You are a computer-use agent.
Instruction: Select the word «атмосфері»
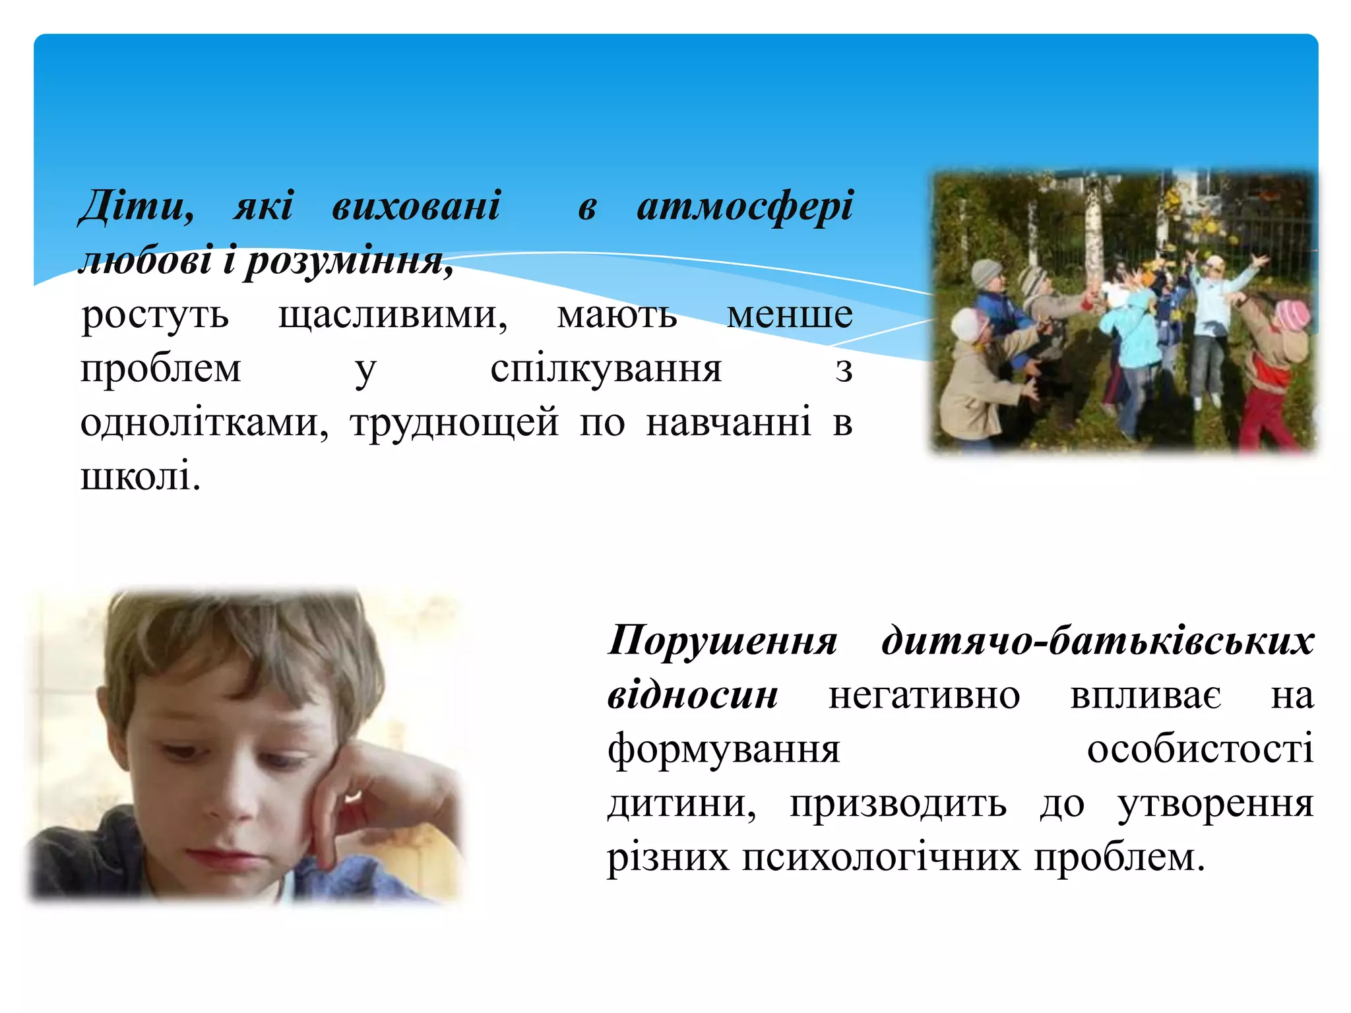click(x=745, y=206)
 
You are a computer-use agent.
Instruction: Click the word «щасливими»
click(x=393, y=315)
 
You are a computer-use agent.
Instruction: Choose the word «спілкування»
click(x=606, y=369)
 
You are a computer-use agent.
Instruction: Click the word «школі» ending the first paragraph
click(x=140, y=476)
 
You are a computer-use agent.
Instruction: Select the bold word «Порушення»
click(x=722, y=640)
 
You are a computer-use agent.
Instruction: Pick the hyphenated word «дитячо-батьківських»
click(x=1098, y=640)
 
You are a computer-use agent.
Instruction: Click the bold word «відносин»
click(x=693, y=695)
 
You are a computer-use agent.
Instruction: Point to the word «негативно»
click(x=924, y=695)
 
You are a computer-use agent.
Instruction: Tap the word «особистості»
click(x=1200, y=749)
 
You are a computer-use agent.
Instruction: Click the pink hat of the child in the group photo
click(x=1291, y=315)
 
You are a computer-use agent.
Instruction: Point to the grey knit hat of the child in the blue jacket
click(x=987, y=272)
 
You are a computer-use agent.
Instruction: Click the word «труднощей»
click(x=455, y=423)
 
